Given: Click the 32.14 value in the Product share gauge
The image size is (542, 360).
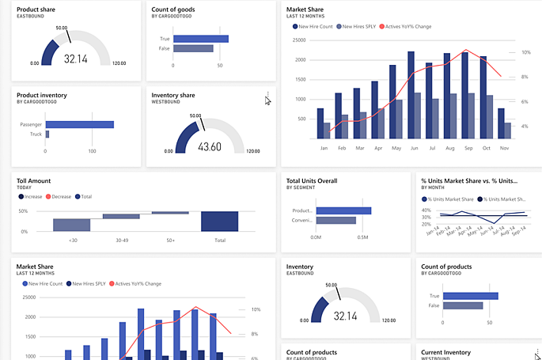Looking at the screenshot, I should point(76,59).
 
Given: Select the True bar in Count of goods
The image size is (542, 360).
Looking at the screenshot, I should point(200,38).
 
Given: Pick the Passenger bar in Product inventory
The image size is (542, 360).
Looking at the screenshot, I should point(79,124).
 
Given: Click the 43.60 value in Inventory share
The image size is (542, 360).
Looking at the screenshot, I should point(210,146).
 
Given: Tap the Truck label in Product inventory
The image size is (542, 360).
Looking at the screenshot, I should point(36,134).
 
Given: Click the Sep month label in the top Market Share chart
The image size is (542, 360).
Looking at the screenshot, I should point(468,148).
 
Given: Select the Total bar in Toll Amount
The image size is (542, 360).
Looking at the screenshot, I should point(220,222).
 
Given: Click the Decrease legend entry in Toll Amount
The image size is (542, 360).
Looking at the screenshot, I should point(61,196).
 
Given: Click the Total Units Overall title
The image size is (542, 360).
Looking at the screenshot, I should point(312,180).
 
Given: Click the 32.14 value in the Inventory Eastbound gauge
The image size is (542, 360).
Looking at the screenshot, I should point(346,316).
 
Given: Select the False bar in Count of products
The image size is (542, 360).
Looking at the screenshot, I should point(462,305).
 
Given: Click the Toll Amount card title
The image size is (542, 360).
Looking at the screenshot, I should point(33,180).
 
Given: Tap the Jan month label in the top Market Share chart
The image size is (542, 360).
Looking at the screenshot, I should point(324,148).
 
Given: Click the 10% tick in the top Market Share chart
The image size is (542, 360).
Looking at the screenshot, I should point(525,52).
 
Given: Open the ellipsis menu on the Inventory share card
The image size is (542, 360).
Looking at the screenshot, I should point(267,95).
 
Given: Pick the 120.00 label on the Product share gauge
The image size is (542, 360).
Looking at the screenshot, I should point(119,63).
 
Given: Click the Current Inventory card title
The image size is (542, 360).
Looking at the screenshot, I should point(446,352).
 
